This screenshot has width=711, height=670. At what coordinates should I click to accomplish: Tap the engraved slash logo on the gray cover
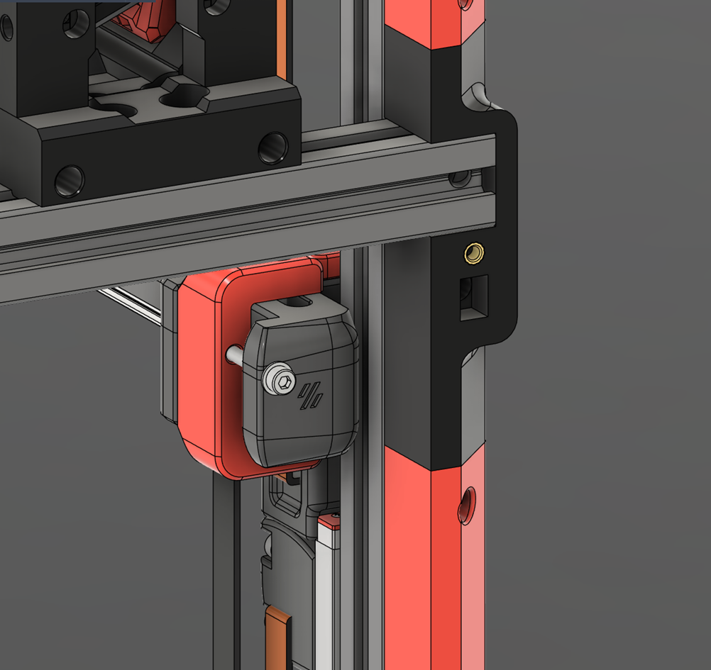coord(311,396)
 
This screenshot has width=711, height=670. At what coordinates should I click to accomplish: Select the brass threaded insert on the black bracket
coord(473,252)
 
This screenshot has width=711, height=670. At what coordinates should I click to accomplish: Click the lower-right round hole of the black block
coord(273,148)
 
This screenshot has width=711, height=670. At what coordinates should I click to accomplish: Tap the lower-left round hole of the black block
coord(70,181)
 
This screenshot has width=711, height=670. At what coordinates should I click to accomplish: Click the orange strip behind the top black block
coord(282,43)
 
